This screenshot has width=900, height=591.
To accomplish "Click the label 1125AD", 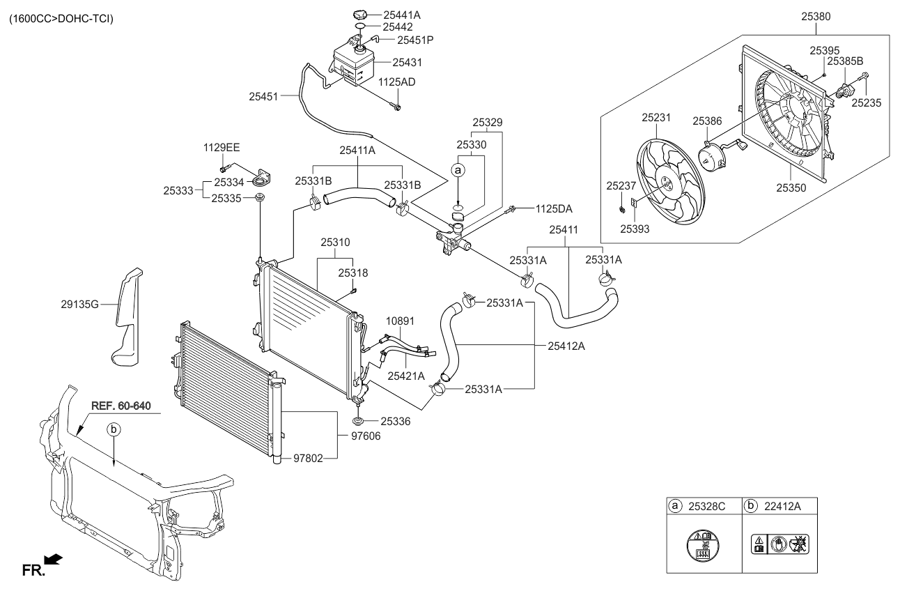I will click(397, 82).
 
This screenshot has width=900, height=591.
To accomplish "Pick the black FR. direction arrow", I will click(53, 558).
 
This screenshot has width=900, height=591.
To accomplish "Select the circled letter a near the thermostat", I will click(458, 169).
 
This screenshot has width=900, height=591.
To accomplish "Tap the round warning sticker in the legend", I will click(704, 545).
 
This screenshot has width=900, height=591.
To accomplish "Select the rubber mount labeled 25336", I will click(358, 420).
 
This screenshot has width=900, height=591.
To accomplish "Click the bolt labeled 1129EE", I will click(224, 167).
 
